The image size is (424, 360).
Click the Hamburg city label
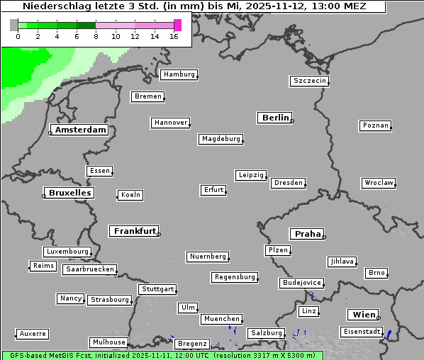(178, 74)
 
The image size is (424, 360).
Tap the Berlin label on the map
(275, 118)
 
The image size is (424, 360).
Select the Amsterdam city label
(80, 130)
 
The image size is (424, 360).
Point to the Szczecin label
(310, 81)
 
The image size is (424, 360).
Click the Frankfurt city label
(135, 231)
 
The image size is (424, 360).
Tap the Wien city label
(363, 315)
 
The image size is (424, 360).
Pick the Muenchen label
(221, 319)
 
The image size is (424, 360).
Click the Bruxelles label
(69, 193)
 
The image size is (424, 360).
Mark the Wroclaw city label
(379, 183)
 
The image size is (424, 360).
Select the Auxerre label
(33, 333)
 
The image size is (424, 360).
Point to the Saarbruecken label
(89, 269)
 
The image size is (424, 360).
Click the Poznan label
(375, 125)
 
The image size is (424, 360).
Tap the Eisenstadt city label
(361, 332)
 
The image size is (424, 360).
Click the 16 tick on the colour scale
(174, 35)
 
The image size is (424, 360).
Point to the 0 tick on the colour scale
(18, 35)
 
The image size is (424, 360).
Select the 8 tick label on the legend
(96, 35)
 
